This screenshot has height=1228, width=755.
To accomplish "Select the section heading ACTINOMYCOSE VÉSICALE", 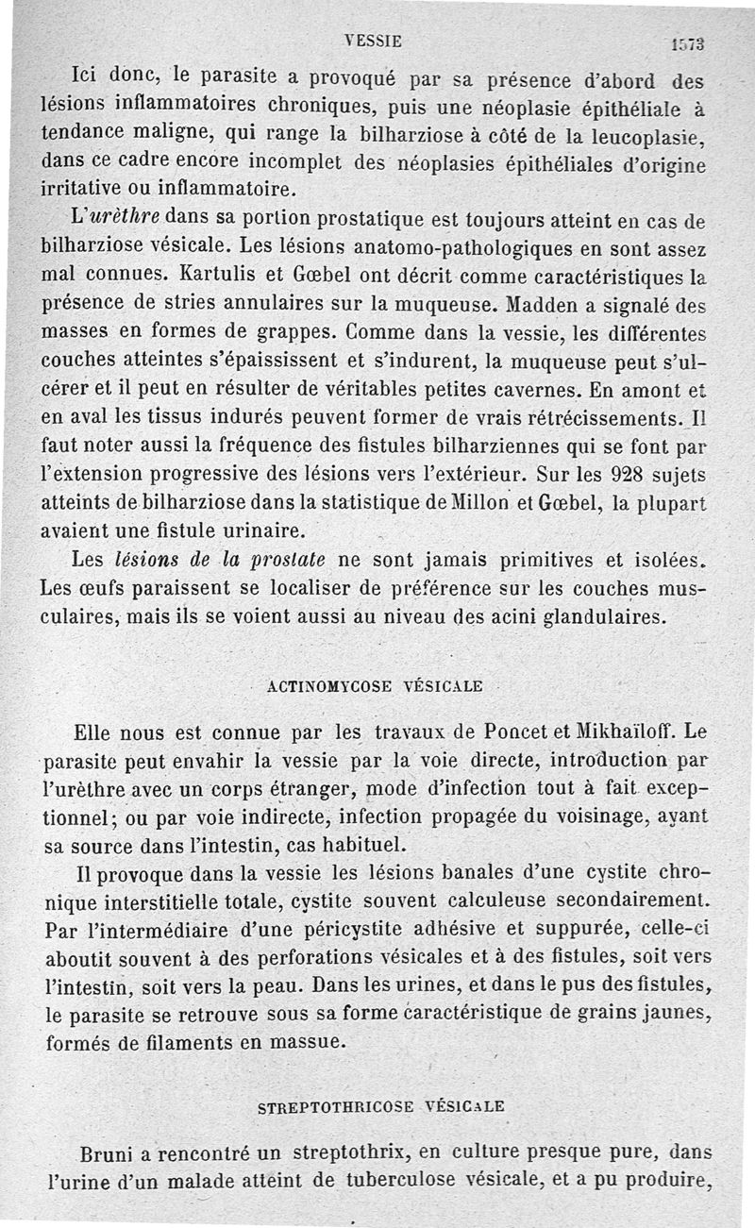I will pyautogui.click(x=375, y=686).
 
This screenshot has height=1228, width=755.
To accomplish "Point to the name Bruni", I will pyautogui.click(x=111, y=1153).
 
